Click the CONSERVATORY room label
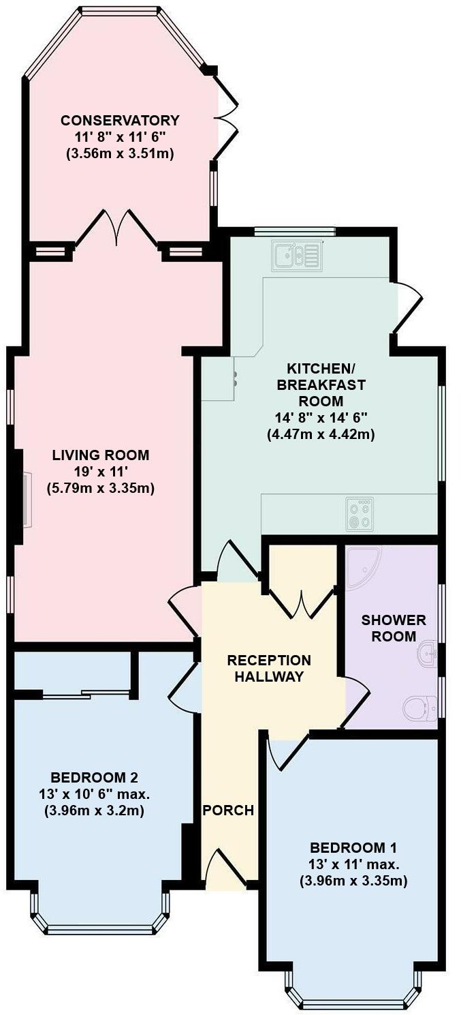coord(120,121)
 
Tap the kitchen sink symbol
coord(296,256)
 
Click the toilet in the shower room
coord(419,708)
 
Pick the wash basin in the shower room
coord(427,652)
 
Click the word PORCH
coord(228,811)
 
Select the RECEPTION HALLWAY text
coord(269,668)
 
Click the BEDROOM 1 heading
coord(353,848)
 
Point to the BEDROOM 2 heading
coord(95,778)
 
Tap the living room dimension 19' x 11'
coord(101,471)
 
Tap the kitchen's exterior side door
coord(407,306)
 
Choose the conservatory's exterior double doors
coord(227,118)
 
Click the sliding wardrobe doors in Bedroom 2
coord(85,694)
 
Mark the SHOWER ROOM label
coord(394,628)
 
